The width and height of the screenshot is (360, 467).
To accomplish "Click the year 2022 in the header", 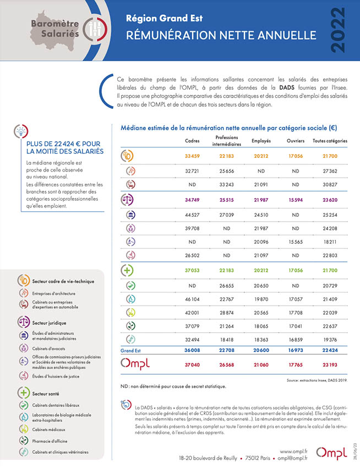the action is (338, 30).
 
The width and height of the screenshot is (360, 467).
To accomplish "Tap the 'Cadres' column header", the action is (192, 141).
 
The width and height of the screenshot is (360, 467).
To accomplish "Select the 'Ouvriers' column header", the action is (296, 141).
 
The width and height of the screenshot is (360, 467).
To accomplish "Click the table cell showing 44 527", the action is (192, 215).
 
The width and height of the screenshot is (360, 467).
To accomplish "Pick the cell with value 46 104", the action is (192, 299).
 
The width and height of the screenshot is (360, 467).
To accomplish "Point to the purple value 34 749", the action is (192, 200).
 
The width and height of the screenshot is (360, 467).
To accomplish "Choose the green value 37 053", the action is (192, 271).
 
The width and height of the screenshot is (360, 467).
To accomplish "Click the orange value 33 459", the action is (192, 156).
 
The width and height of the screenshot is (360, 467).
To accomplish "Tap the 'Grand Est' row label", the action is (130, 350).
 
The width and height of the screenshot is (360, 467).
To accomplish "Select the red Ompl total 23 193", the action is (330, 365).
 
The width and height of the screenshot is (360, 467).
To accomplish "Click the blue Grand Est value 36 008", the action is (192, 350).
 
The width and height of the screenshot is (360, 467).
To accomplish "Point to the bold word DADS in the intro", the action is (287, 88).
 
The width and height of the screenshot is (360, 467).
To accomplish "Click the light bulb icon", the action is (21, 131).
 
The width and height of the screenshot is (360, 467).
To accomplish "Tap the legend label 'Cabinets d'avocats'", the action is (48, 349).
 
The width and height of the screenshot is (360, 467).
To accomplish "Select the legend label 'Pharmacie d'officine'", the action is (50, 441).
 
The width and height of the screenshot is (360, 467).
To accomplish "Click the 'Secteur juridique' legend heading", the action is (49, 323).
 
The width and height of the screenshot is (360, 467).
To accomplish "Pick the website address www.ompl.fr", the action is (293, 452).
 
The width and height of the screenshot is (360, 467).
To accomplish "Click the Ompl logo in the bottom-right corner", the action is (331, 453).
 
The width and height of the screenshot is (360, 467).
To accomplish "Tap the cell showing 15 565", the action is (296, 242).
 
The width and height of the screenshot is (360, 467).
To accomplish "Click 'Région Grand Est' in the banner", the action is (164, 19).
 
